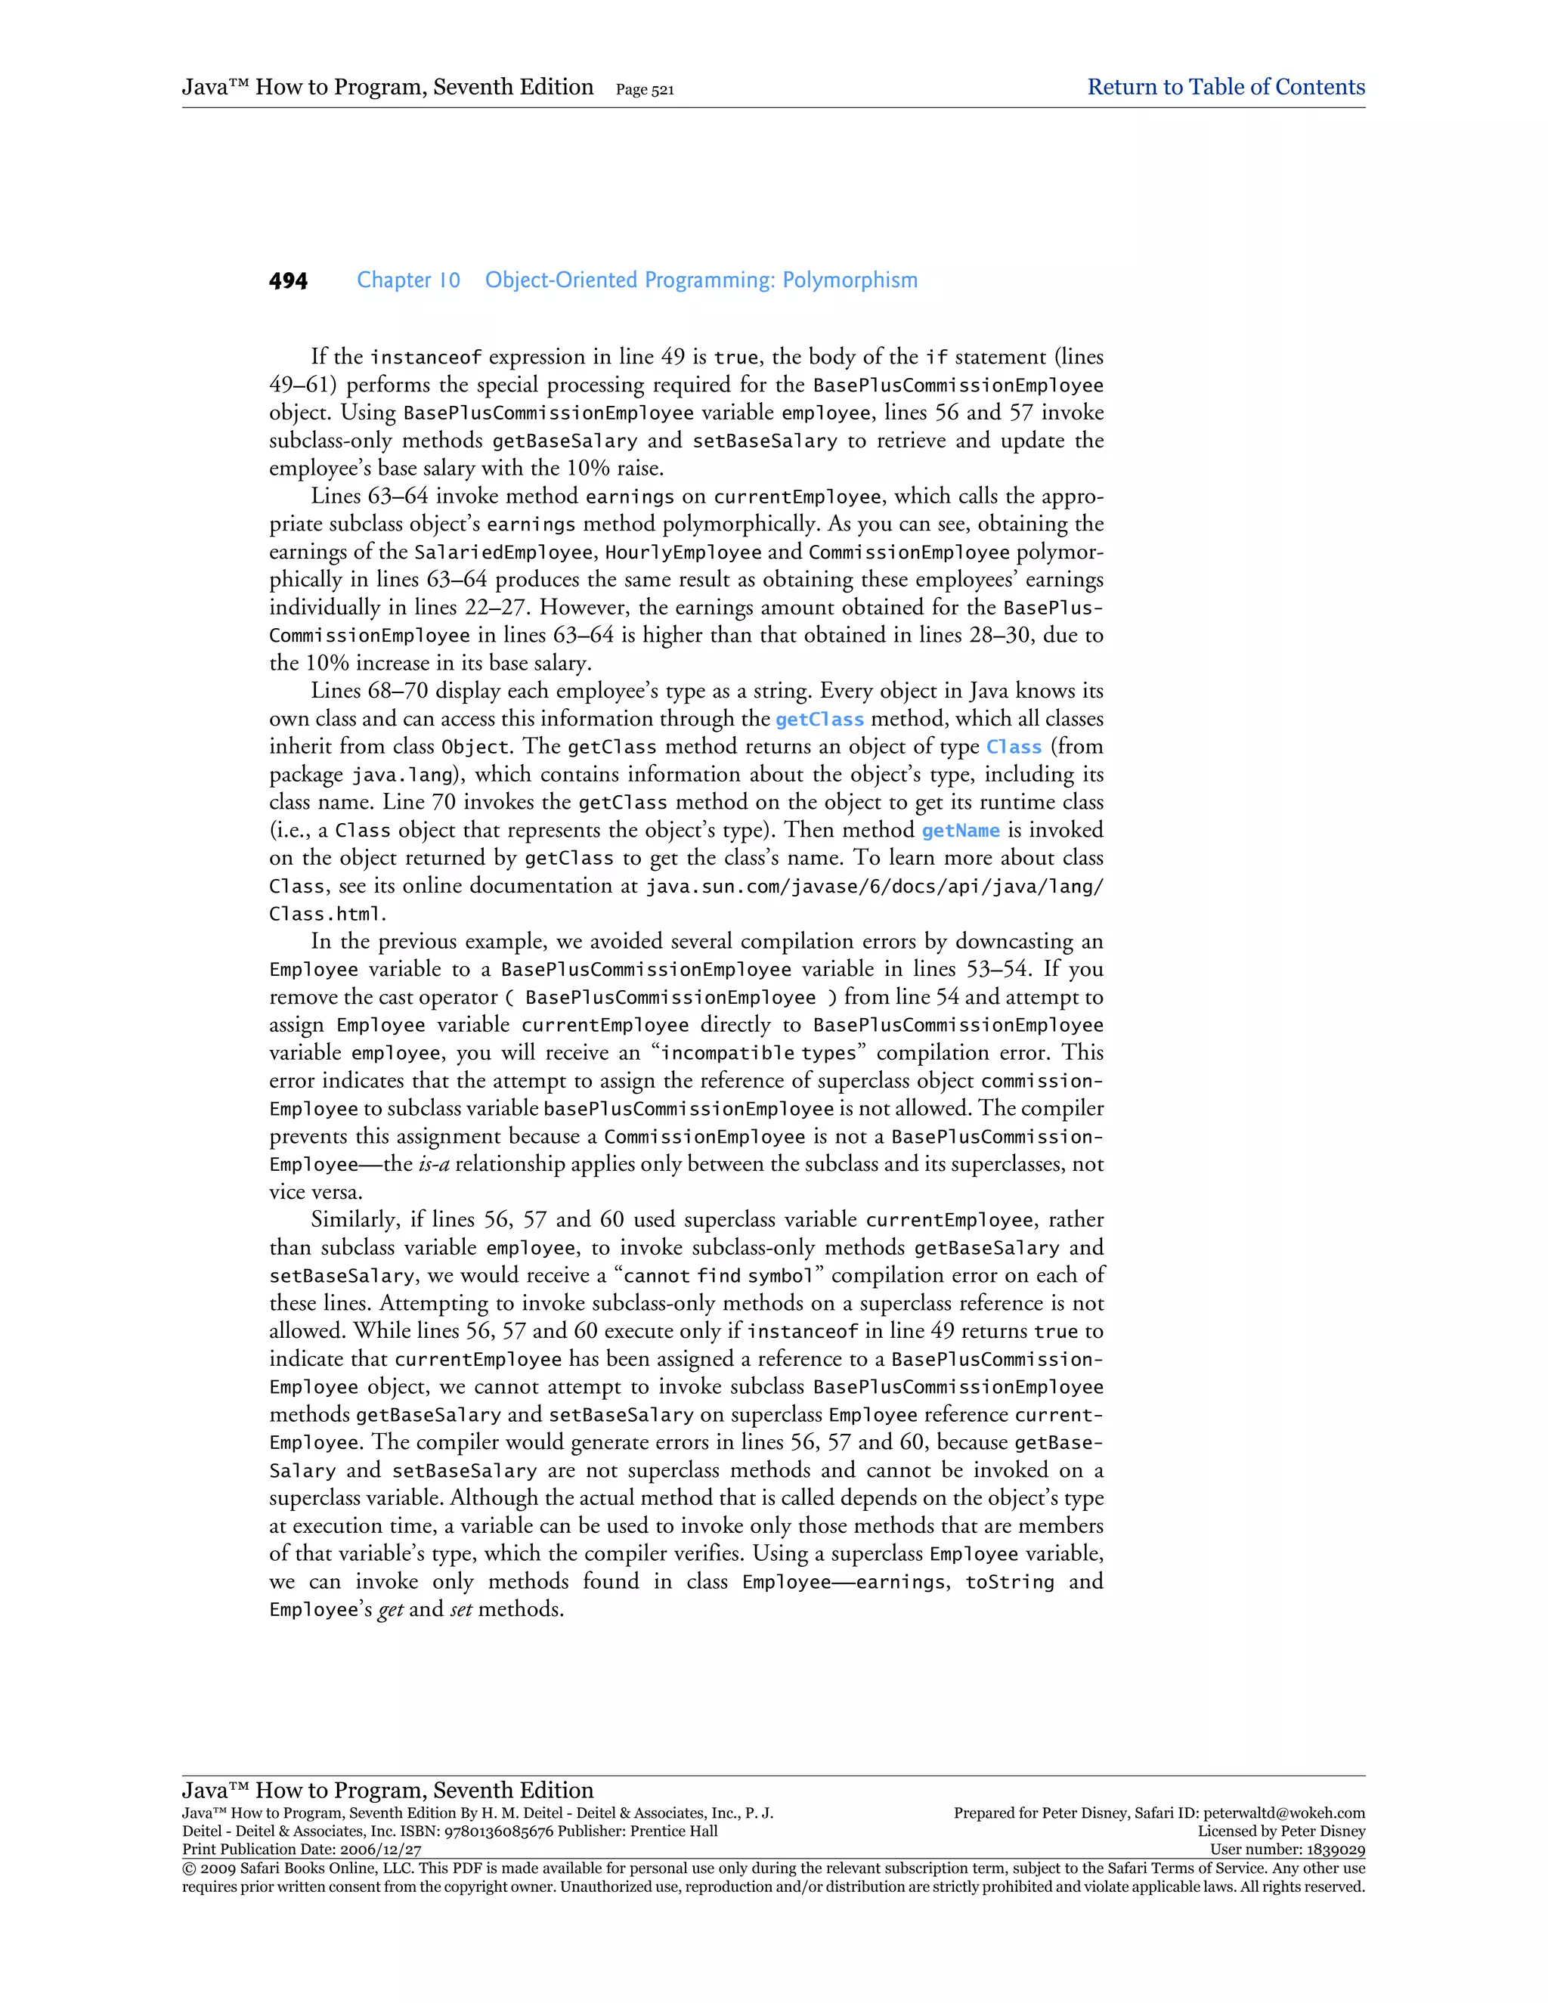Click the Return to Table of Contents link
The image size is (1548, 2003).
pos(1225,87)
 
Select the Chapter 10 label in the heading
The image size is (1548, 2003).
pos(408,280)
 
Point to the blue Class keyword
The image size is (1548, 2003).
pos(1014,748)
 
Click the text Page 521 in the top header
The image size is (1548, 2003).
pos(645,90)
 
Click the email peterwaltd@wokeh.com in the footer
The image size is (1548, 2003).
pos(1284,1813)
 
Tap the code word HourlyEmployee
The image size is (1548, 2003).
pos(683,553)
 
